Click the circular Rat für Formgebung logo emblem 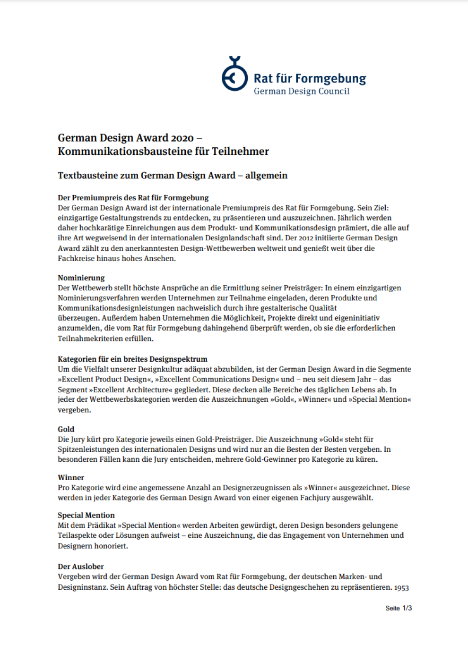(x=234, y=76)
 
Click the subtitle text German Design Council (x=302, y=91)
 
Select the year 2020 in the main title (x=182, y=138)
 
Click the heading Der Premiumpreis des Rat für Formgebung (x=133, y=197)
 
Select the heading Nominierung (x=81, y=278)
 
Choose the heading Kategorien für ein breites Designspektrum (x=132, y=359)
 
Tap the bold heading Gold (x=66, y=429)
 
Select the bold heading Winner (x=71, y=477)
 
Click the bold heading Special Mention (x=86, y=515)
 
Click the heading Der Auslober (x=81, y=566)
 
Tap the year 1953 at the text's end (x=401, y=587)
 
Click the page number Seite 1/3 (x=399, y=608)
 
